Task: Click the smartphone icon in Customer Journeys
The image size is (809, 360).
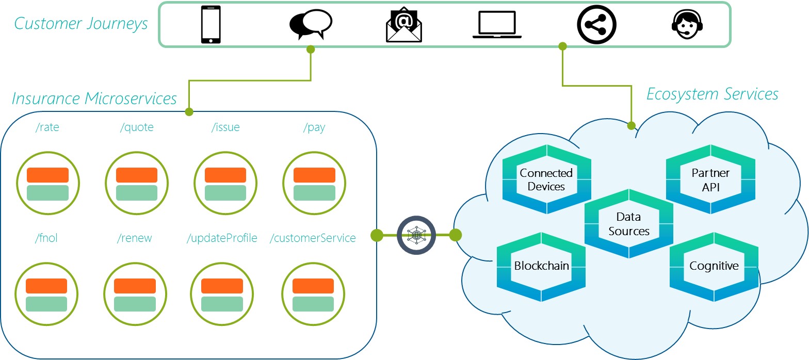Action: click(x=210, y=25)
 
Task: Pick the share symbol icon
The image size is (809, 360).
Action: click(x=596, y=25)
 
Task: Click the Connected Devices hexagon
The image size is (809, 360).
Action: click(x=546, y=179)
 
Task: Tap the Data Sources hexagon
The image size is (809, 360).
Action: click(x=629, y=224)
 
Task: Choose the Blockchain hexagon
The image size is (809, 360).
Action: click(x=541, y=266)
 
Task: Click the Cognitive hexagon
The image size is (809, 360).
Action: click(x=714, y=266)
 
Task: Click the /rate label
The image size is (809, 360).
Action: click(x=47, y=127)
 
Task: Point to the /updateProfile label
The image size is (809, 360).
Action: click(x=222, y=238)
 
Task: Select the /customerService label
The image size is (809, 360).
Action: click(x=313, y=238)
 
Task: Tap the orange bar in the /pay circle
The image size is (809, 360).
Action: click(x=314, y=175)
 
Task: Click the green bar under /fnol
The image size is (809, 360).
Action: click(x=46, y=304)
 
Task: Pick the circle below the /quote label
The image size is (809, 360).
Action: click(x=137, y=184)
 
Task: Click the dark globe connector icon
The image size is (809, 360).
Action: click(x=416, y=235)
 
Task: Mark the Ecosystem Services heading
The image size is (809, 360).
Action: click(x=712, y=94)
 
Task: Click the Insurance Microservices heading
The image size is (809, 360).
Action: click(x=94, y=98)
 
